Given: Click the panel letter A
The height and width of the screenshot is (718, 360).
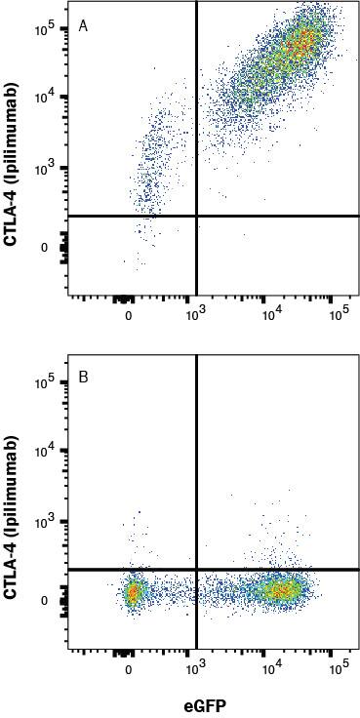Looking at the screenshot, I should [x=84, y=25].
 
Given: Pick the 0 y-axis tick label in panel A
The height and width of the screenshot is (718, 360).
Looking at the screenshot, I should [x=45, y=248].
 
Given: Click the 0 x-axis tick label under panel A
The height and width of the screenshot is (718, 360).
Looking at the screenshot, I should [x=129, y=315].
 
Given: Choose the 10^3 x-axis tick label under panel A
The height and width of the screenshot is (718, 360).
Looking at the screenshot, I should [x=196, y=315].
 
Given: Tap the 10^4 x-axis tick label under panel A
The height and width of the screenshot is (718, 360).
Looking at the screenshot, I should [x=269, y=315].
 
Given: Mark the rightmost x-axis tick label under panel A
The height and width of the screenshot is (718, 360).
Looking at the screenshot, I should [x=338, y=315].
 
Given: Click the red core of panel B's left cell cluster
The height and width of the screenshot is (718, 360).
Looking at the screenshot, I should [x=134, y=591].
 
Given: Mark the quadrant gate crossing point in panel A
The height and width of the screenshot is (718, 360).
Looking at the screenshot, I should [x=197, y=216].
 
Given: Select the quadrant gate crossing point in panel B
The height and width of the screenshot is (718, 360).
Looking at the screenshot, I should [x=197, y=569].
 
